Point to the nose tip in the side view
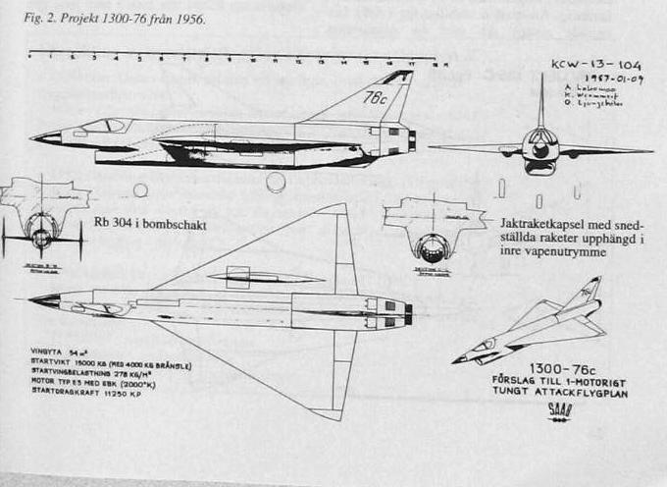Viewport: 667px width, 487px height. pyautogui.click(x=35, y=138)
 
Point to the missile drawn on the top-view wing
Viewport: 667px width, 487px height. pyautogui.click(x=264, y=276)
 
